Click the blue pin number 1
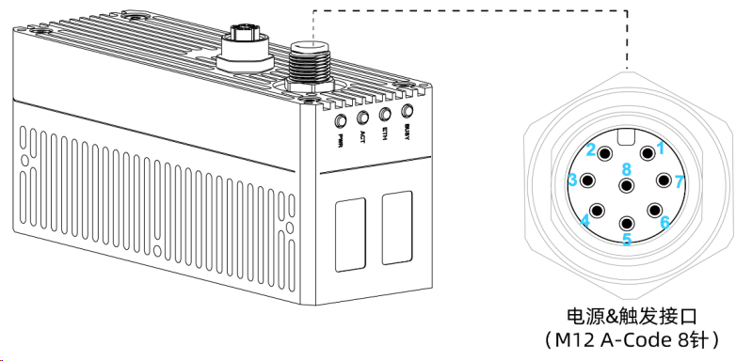tap(661, 149)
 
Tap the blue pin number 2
tap(591, 150)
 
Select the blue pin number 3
tap(572, 180)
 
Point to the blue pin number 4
tap(584, 220)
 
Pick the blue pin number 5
tap(627, 239)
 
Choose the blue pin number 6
tap(664, 222)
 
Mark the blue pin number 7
tap(680, 181)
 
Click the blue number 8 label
tap(627, 169)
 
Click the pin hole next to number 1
tap(648, 153)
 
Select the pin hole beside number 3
tap(587, 180)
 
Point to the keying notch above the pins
tap(626, 136)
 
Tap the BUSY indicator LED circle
tap(407, 111)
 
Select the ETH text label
tap(385, 134)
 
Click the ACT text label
tap(362, 137)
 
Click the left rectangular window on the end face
tap(350, 234)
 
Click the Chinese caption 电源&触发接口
tap(632, 317)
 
